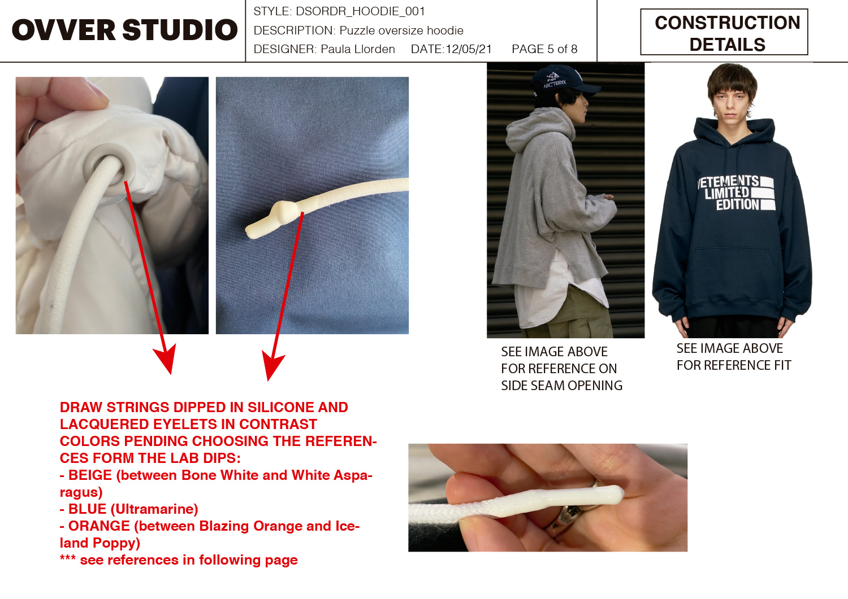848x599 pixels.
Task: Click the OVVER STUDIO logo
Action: pyautogui.click(x=124, y=30)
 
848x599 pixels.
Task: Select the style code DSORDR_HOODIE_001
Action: pyautogui.click(x=360, y=11)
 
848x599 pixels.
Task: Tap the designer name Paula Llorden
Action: pyautogui.click(x=358, y=49)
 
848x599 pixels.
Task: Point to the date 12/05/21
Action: pyautogui.click(x=469, y=49)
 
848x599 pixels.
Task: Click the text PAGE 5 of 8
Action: pyautogui.click(x=544, y=49)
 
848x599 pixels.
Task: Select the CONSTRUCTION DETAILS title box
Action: pyautogui.click(x=724, y=32)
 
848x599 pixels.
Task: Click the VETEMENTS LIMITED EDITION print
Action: pyautogui.click(x=735, y=193)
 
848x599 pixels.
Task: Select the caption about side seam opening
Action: pyautogui.click(x=561, y=368)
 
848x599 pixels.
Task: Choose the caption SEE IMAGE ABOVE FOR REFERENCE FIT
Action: pyautogui.click(x=734, y=357)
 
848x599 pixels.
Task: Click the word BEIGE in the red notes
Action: pyautogui.click(x=90, y=475)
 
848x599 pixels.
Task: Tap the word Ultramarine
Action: pyautogui.click(x=154, y=509)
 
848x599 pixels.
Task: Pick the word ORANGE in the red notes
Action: pyautogui.click(x=99, y=526)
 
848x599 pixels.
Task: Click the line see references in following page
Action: pyautogui.click(x=179, y=560)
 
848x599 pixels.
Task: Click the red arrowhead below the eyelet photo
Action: pyautogui.click(x=165, y=357)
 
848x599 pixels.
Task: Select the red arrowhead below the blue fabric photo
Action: pyautogui.click(x=272, y=365)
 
